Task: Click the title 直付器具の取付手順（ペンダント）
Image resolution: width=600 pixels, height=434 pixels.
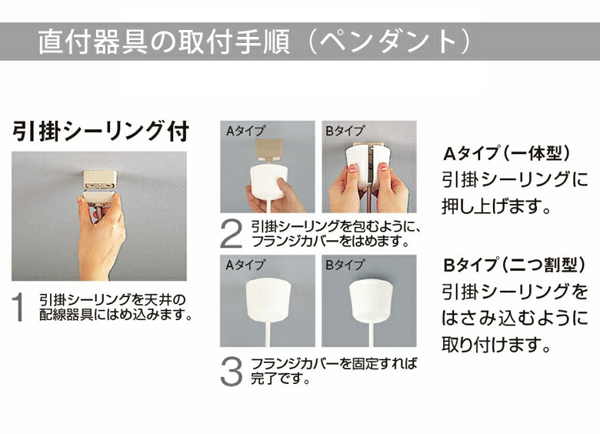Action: (x=254, y=42)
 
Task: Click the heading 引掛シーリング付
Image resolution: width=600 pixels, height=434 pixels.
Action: (x=100, y=131)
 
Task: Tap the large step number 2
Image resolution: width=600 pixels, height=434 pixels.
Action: (x=232, y=234)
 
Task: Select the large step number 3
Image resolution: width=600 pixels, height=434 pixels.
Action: (x=232, y=371)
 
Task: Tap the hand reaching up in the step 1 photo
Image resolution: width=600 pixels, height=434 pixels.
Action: (x=100, y=235)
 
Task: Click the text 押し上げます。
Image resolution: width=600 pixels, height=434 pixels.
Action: (x=497, y=207)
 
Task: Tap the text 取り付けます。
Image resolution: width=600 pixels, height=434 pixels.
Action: (x=497, y=344)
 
